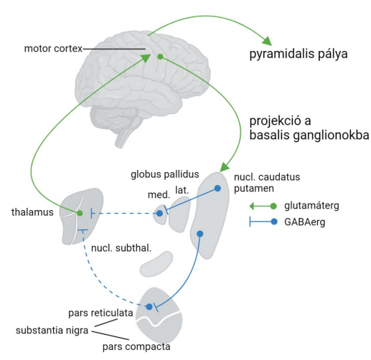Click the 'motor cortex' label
(53, 49)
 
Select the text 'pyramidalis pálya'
(299, 54)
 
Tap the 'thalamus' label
(32, 212)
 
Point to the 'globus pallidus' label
(165, 174)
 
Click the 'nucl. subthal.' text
(121, 248)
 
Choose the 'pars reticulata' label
(100, 313)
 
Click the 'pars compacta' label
(136, 346)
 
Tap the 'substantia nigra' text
(52, 331)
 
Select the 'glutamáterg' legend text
(311, 206)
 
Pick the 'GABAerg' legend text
(305, 222)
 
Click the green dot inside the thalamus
(80, 213)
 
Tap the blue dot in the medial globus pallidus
(159, 214)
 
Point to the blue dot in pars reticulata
(149, 307)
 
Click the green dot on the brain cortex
(161, 57)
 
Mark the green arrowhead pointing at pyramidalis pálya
(268, 41)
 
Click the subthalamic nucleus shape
(156, 264)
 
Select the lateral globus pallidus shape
(179, 214)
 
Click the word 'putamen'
(254, 189)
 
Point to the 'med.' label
(159, 195)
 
